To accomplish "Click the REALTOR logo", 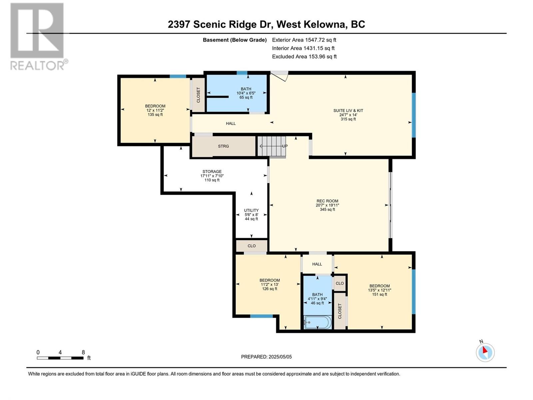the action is point(39,37).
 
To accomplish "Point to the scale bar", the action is point(60,358).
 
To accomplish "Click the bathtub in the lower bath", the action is point(317,322).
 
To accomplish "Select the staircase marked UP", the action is point(272,146).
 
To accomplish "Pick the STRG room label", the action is point(224,146).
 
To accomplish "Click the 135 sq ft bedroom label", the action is point(155,110).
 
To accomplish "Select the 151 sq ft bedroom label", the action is point(379,290).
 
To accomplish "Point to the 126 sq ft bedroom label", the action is point(269,284).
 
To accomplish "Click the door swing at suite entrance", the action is point(280,76).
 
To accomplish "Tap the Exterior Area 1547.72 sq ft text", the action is point(304,40).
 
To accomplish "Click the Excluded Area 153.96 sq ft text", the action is point(304,57).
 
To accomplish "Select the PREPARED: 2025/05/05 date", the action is point(266,357).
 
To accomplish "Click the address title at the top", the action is point(266,24).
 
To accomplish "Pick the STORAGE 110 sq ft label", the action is point(212,176).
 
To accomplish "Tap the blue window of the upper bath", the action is point(242,73).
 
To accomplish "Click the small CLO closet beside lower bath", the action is point(339,283).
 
